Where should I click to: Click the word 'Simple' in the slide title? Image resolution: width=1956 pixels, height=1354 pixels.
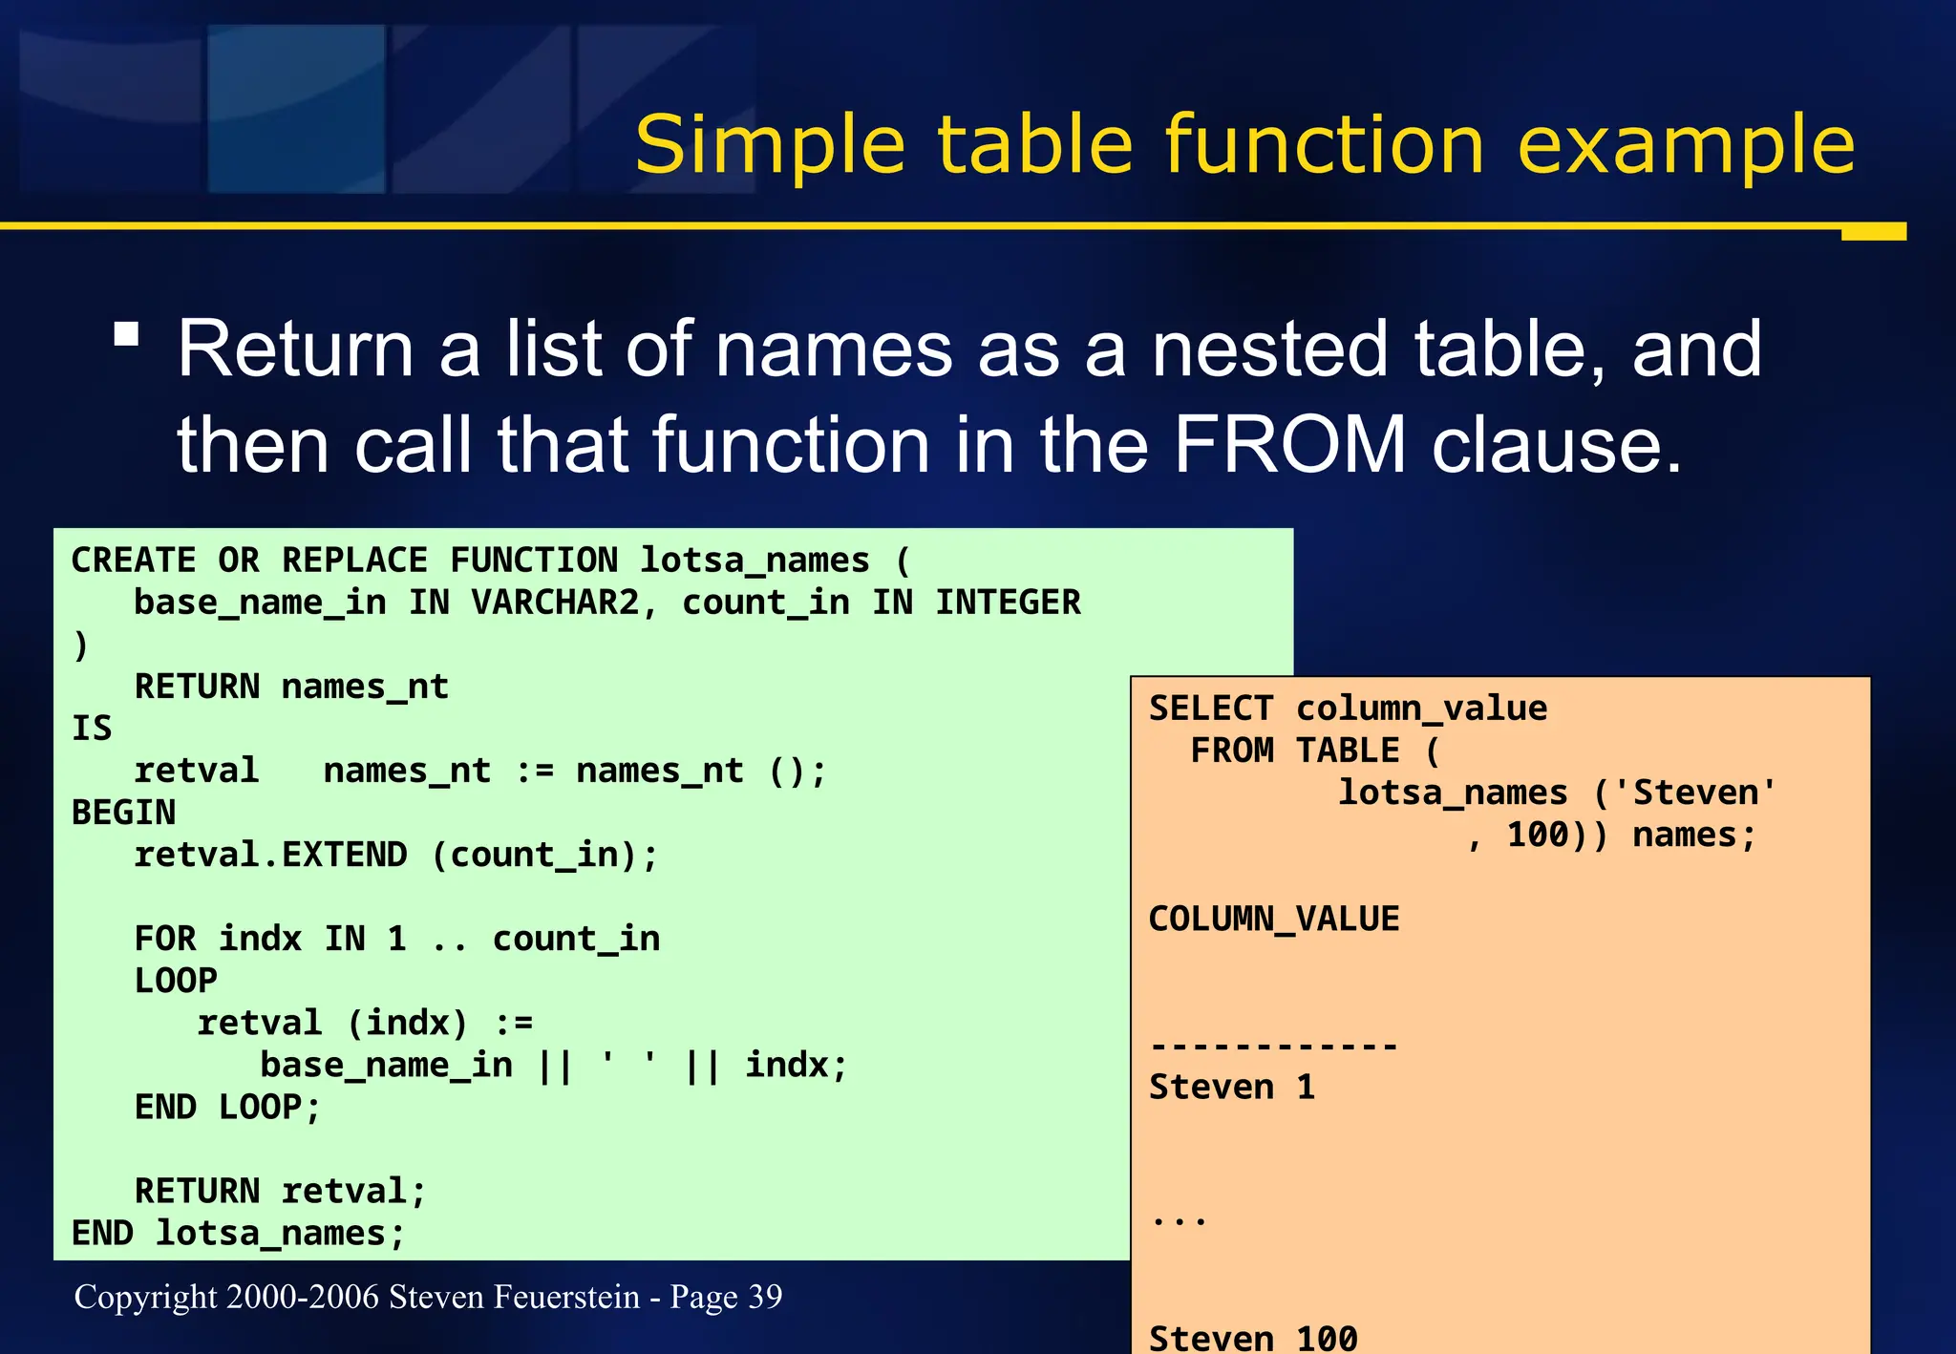tap(769, 145)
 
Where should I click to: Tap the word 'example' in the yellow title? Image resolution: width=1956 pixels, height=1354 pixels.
tap(1685, 145)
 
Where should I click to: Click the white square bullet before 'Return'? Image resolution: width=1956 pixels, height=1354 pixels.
tap(126, 334)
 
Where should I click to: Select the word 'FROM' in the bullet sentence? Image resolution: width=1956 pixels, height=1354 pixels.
tap(1289, 444)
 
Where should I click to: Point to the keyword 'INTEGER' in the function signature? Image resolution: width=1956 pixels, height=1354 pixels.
tap(1008, 603)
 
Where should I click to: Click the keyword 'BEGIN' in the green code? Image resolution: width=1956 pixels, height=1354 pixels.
tap(123, 813)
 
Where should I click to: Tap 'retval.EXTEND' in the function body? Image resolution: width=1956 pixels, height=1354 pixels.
tap(270, 855)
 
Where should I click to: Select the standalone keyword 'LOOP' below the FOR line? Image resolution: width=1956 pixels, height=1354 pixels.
tap(176, 981)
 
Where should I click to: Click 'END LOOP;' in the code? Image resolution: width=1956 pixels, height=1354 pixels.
tap(227, 1107)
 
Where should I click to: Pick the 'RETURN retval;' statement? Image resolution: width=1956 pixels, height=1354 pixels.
tap(280, 1191)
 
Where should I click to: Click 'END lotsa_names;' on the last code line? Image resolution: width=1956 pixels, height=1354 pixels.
tap(239, 1233)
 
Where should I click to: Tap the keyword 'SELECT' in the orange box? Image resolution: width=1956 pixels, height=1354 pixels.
tap(1211, 709)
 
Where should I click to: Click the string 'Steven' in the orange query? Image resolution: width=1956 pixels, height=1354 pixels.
tap(1696, 793)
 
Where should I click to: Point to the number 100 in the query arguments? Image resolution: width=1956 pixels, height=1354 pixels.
tap(1538, 835)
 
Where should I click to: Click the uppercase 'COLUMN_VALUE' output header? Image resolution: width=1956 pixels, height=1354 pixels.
tap(1273, 919)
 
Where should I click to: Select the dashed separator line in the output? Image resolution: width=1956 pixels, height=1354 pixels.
tap(1273, 1047)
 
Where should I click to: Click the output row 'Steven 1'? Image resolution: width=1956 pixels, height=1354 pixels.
tap(1232, 1087)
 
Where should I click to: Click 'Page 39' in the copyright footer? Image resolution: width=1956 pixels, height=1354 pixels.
tap(726, 1297)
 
